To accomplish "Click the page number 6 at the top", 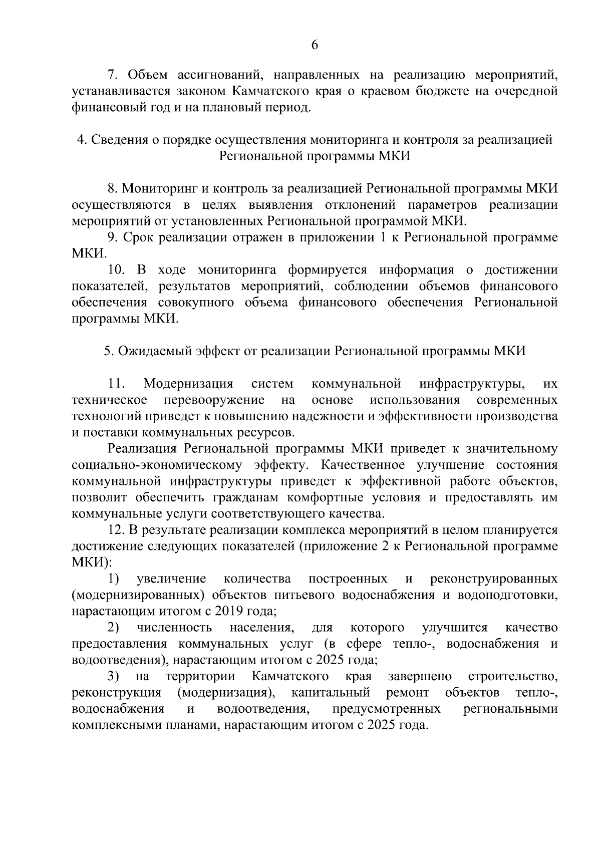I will tap(315, 45).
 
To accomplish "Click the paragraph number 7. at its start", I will tap(113, 75).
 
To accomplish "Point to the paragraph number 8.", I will tap(113, 189).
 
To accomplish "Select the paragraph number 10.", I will tap(116, 270).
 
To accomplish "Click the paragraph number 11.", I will tap(116, 384).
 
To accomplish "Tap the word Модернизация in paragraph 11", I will tap(188, 384).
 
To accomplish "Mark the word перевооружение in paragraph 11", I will tap(214, 400).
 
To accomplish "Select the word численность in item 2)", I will tap(174, 628).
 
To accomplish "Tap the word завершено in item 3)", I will tap(420, 677).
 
